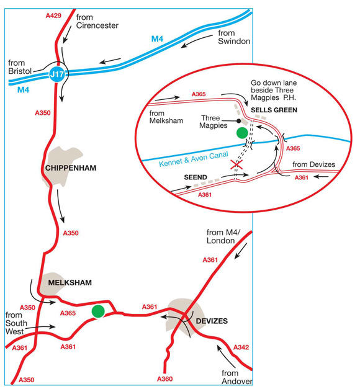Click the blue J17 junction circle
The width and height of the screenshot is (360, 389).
click(56, 76)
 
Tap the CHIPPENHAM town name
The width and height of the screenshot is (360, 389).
click(72, 169)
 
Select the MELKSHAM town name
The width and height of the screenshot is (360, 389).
click(70, 283)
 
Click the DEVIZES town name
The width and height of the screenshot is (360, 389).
click(212, 321)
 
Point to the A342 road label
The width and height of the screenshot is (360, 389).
click(241, 347)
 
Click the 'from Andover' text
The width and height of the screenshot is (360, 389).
click(230, 377)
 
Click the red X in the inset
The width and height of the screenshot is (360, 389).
click(235, 165)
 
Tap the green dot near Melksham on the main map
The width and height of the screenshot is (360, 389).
click(97, 311)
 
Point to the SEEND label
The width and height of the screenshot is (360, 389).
click(196, 176)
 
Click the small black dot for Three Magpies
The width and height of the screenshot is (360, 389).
click(238, 120)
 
